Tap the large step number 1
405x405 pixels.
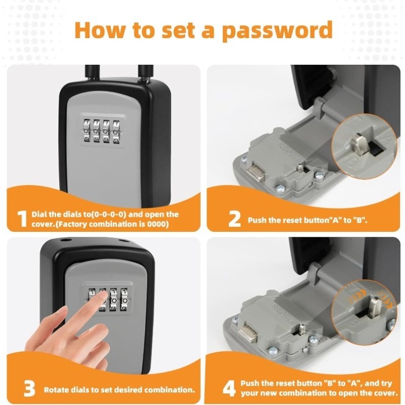21,219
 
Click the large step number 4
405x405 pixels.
229,388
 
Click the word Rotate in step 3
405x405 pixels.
56,390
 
